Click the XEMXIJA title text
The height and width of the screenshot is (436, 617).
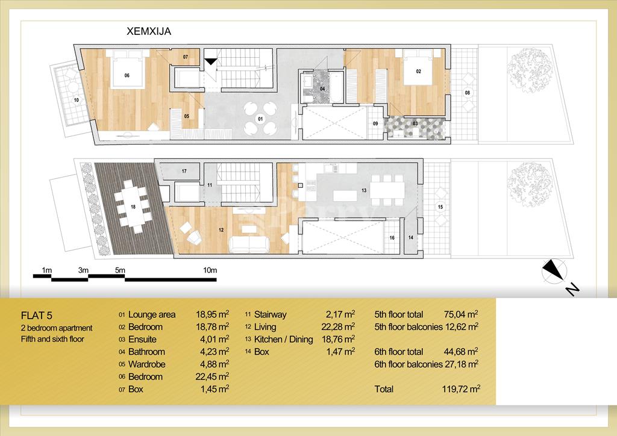(x=149, y=31)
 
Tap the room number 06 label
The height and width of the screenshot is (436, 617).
(x=127, y=75)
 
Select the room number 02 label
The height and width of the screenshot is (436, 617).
(x=418, y=72)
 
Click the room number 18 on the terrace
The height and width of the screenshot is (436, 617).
(x=133, y=207)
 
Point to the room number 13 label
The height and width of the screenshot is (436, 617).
(x=364, y=190)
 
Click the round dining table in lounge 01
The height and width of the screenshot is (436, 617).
(x=260, y=117)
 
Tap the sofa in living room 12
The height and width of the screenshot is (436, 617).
(x=249, y=244)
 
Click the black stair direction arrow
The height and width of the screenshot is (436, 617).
(x=211, y=61)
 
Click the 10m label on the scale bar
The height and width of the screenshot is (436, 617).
(x=210, y=270)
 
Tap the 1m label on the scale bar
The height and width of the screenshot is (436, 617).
(x=47, y=270)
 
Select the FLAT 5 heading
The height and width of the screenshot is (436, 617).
(x=37, y=316)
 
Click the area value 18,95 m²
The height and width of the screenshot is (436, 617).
(x=213, y=314)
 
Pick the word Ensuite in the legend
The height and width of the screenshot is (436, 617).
(x=142, y=339)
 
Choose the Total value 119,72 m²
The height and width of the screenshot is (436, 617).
(x=461, y=389)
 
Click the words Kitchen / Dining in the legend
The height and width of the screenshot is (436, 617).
(x=283, y=339)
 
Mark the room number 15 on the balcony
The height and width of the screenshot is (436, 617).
(x=440, y=207)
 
